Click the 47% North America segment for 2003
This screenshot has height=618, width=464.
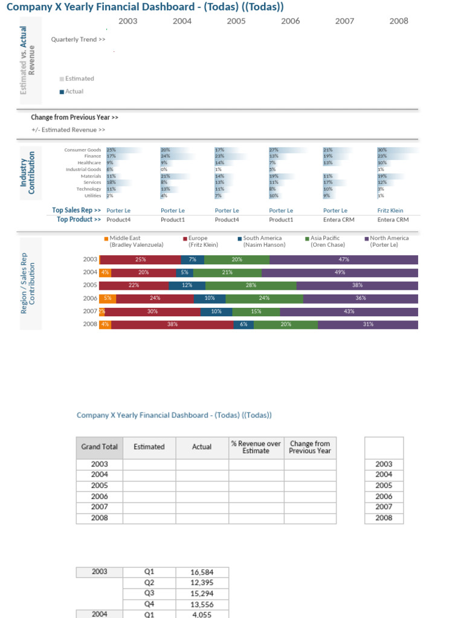coord(344,260)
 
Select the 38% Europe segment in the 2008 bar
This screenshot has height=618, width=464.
coord(172,324)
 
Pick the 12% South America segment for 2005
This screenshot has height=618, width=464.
coord(187,285)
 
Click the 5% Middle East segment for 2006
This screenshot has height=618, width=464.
coord(108,298)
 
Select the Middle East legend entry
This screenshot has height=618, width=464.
coord(124,238)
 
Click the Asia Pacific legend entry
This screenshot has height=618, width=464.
coord(326,238)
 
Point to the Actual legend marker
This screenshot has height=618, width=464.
coord(62,92)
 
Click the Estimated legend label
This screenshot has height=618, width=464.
coord(79,78)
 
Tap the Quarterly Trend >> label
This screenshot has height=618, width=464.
coord(78,39)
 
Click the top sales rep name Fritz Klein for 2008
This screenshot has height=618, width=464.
coord(390,211)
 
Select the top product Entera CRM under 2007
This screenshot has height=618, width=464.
coord(338,220)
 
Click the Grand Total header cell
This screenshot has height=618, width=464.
coord(99,447)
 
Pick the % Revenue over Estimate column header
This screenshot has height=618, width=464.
coord(256,447)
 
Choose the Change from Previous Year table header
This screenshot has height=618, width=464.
coord(309,447)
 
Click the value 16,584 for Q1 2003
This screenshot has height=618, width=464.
coord(202,572)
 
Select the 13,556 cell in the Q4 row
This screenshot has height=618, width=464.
coord(202,604)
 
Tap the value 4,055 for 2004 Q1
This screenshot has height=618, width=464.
coord(202,614)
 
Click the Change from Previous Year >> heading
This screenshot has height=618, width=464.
coord(74,117)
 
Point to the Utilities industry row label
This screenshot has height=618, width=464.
coord(92,196)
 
